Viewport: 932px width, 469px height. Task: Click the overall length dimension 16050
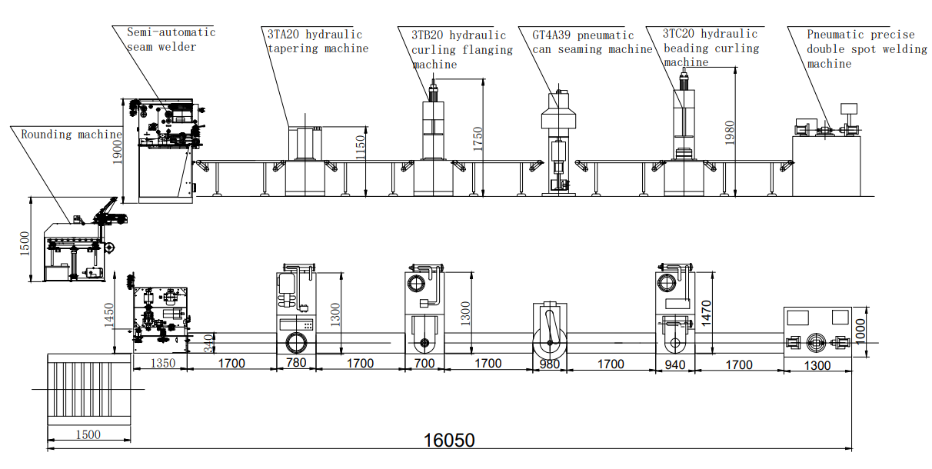pyautogui.click(x=450, y=441)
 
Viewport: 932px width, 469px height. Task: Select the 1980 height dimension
pyautogui.click(x=730, y=132)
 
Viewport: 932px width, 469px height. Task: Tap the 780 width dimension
pyautogui.click(x=295, y=363)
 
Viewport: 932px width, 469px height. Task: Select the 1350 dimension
pyautogui.click(x=161, y=364)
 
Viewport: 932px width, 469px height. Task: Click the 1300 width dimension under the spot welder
pyautogui.click(x=817, y=365)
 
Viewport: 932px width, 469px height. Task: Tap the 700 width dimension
pyautogui.click(x=424, y=364)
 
